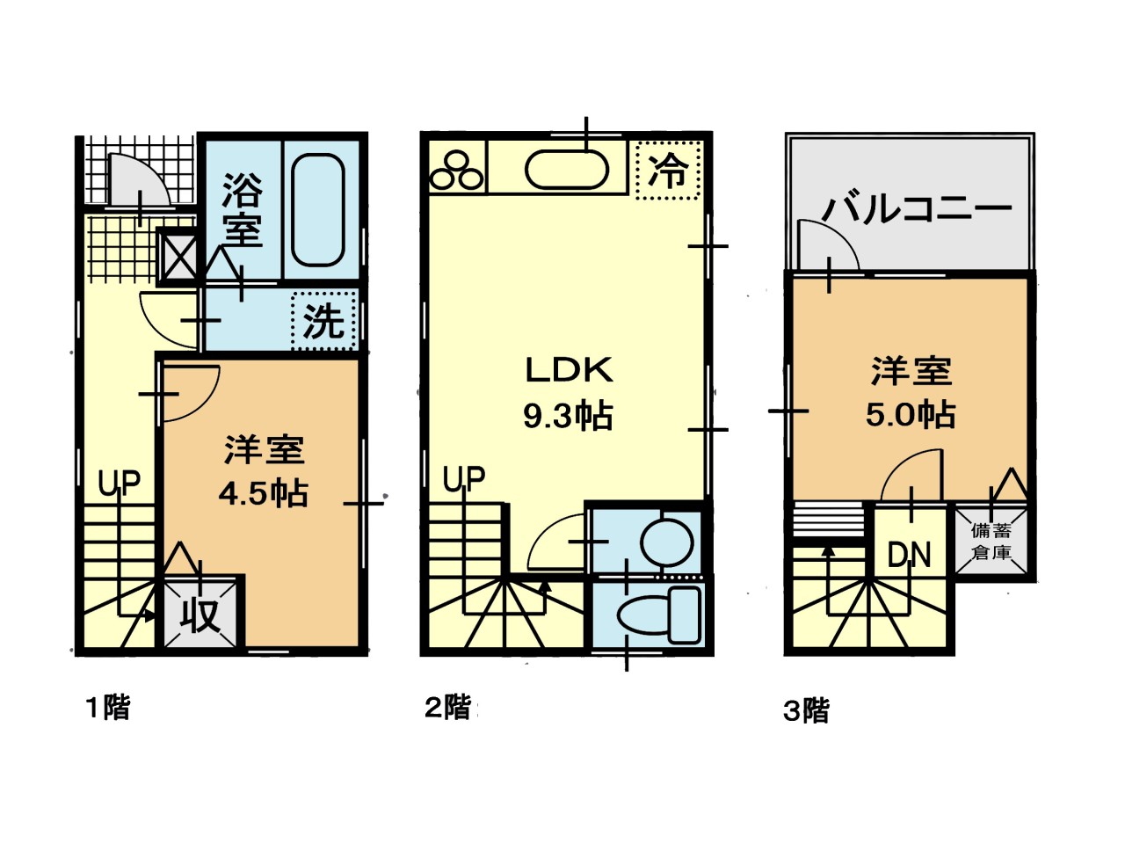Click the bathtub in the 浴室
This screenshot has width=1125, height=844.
click(x=318, y=209)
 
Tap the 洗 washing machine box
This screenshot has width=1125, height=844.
click(x=324, y=321)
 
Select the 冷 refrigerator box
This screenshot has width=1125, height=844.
click(x=668, y=171)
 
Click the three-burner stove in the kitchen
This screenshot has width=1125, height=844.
click(x=456, y=170)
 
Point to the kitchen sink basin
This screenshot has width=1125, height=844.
click(x=567, y=170)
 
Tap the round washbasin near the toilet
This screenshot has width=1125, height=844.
click(x=667, y=542)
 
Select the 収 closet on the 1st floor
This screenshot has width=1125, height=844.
click(x=200, y=614)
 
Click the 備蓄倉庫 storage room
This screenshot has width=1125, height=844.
click(x=991, y=542)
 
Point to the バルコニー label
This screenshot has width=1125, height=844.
click(x=917, y=208)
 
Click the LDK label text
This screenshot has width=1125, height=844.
click(x=569, y=370)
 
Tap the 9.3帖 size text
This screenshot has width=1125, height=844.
click(x=568, y=416)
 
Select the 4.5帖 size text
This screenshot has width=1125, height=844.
click(x=264, y=493)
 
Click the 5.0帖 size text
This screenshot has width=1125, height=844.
click(x=911, y=415)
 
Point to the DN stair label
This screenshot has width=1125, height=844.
click(x=909, y=555)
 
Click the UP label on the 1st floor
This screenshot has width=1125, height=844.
click(x=119, y=483)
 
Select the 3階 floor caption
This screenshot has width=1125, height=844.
click(x=806, y=710)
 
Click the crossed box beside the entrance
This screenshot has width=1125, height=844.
click(x=178, y=255)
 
